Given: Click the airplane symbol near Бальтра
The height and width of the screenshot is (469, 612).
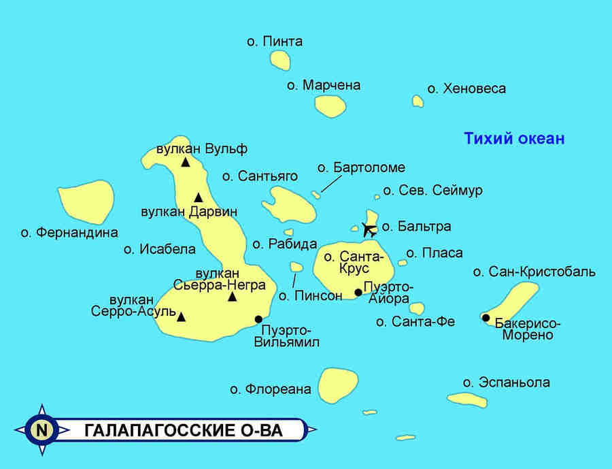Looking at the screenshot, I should (x=370, y=229).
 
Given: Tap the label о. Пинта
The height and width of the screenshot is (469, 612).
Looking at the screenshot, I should (x=275, y=42).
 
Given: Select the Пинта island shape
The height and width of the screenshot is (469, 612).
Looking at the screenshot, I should (x=281, y=59).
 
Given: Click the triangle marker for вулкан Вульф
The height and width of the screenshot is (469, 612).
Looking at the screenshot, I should (x=185, y=162).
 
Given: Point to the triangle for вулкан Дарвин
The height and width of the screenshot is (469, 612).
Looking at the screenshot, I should (x=198, y=197).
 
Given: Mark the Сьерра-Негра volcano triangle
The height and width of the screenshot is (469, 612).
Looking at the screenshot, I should (x=232, y=297).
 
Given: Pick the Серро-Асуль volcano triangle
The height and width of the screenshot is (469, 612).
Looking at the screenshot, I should (x=181, y=316).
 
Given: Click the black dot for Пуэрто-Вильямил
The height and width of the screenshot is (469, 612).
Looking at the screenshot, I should (x=258, y=319).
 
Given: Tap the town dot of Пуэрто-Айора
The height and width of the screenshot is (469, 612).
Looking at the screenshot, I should (x=358, y=293).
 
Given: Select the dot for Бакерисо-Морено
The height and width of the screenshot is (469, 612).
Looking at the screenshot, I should (x=486, y=317).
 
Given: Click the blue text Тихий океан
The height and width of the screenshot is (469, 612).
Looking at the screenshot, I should (x=514, y=139).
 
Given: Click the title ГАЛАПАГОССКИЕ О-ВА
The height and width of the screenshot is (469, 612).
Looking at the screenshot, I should (x=184, y=431).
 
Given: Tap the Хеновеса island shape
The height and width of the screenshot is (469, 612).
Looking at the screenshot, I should (x=418, y=101).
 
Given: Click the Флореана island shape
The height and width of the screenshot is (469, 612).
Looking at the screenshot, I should (x=338, y=385).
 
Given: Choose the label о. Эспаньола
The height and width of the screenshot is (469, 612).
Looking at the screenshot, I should (x=506, y=383).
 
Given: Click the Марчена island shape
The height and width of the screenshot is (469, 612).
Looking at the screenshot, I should (x=330, y=105).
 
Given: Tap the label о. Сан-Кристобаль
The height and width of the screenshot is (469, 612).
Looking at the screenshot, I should (x=534, y=272).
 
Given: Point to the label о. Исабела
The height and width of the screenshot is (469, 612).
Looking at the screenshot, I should (x=159, y=249).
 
